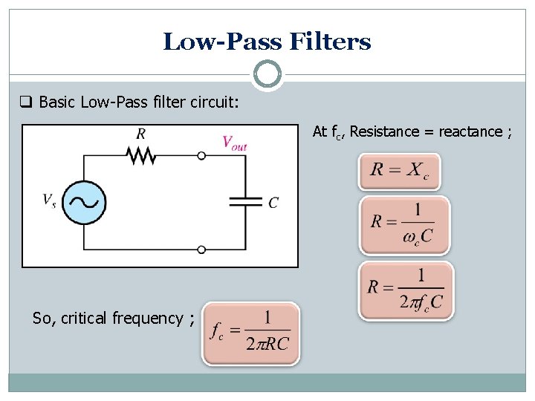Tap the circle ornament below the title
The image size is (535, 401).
click(x=267, y=74)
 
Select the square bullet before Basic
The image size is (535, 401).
click(x=26, y=101)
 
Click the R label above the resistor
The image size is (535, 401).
click(x=140, y=134)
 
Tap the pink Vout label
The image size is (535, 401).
click(x=234, y=143)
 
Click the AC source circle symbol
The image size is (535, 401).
click(x=84, y=202)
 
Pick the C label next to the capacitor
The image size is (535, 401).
click(x=273, y=202)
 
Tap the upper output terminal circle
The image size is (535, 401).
click(x=201, y=156)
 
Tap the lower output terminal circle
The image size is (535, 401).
click(x=201, y=250)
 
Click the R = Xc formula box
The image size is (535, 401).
click(x=399, y=172)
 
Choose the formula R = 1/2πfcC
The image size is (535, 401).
click(x=406, y=290)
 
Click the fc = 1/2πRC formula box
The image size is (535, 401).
click(x=251, y=333)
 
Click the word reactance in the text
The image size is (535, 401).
click(x=470, y=131)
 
